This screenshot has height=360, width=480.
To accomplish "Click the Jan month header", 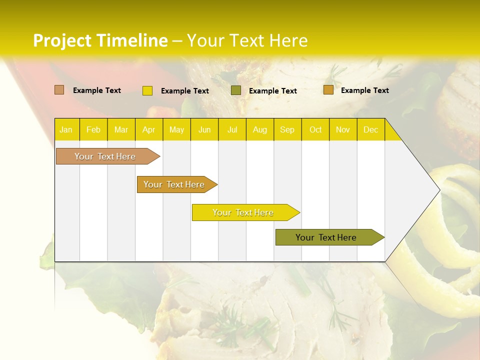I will (x=66, y=129).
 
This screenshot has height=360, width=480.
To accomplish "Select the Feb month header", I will (x=93, y=129).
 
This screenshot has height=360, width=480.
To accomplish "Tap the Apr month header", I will (x=148, y=129).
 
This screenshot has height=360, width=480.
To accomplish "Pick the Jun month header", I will (x=204, y=129).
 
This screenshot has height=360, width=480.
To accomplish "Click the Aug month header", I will (x=259, y=129).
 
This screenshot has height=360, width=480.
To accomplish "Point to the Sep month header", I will (x=287, y=129).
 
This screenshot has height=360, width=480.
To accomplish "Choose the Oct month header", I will (x=315, y=129).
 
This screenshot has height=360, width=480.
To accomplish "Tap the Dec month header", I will (x=370, y=129).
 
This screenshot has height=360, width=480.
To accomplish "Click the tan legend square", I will (x=59, y=90).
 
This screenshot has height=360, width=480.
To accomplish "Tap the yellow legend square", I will (x=147, y=90).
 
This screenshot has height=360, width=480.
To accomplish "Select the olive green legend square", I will (x=236, y=90).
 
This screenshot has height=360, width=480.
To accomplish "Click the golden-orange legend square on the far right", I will (x=328, y=90).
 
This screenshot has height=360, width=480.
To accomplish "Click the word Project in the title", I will (x=62, y=40).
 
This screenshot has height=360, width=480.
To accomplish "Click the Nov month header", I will (x=343, y=129).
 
